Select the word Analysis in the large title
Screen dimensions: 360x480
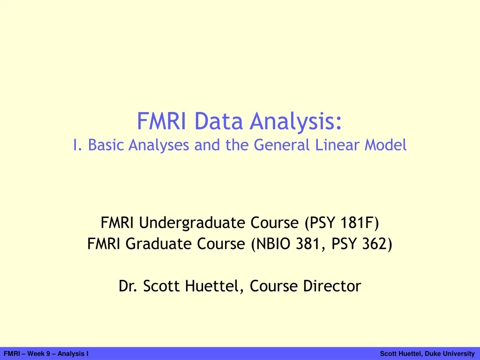(296, 122)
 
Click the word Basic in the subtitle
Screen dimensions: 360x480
(104, 145)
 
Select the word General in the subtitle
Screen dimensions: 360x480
(282, 145)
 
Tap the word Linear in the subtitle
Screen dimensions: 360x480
(334, 145)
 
